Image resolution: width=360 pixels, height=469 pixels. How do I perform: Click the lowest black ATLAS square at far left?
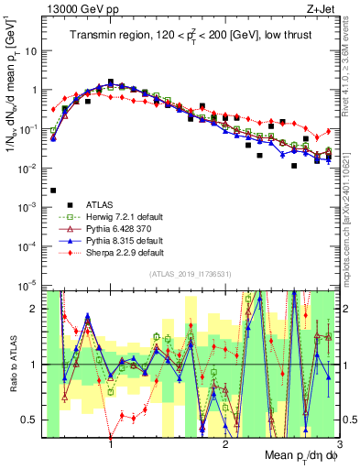[x=53, y=191]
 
